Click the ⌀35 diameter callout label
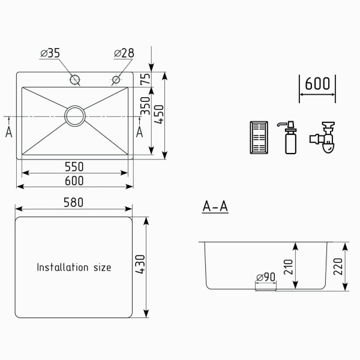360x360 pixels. coord(50,53)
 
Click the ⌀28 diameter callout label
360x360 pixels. coord(124,53)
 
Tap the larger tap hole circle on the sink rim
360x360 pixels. coord(75,80)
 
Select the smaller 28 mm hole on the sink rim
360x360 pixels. coord(116,80)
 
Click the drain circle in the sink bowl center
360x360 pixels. coord(75,116)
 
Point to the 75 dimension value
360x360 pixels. coord(145,79)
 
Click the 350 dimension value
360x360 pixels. coord(145,106)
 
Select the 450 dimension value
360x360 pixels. coord(159,114)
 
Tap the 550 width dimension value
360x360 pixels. coord(74,167)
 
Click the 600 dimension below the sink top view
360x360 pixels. coord(74,181)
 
